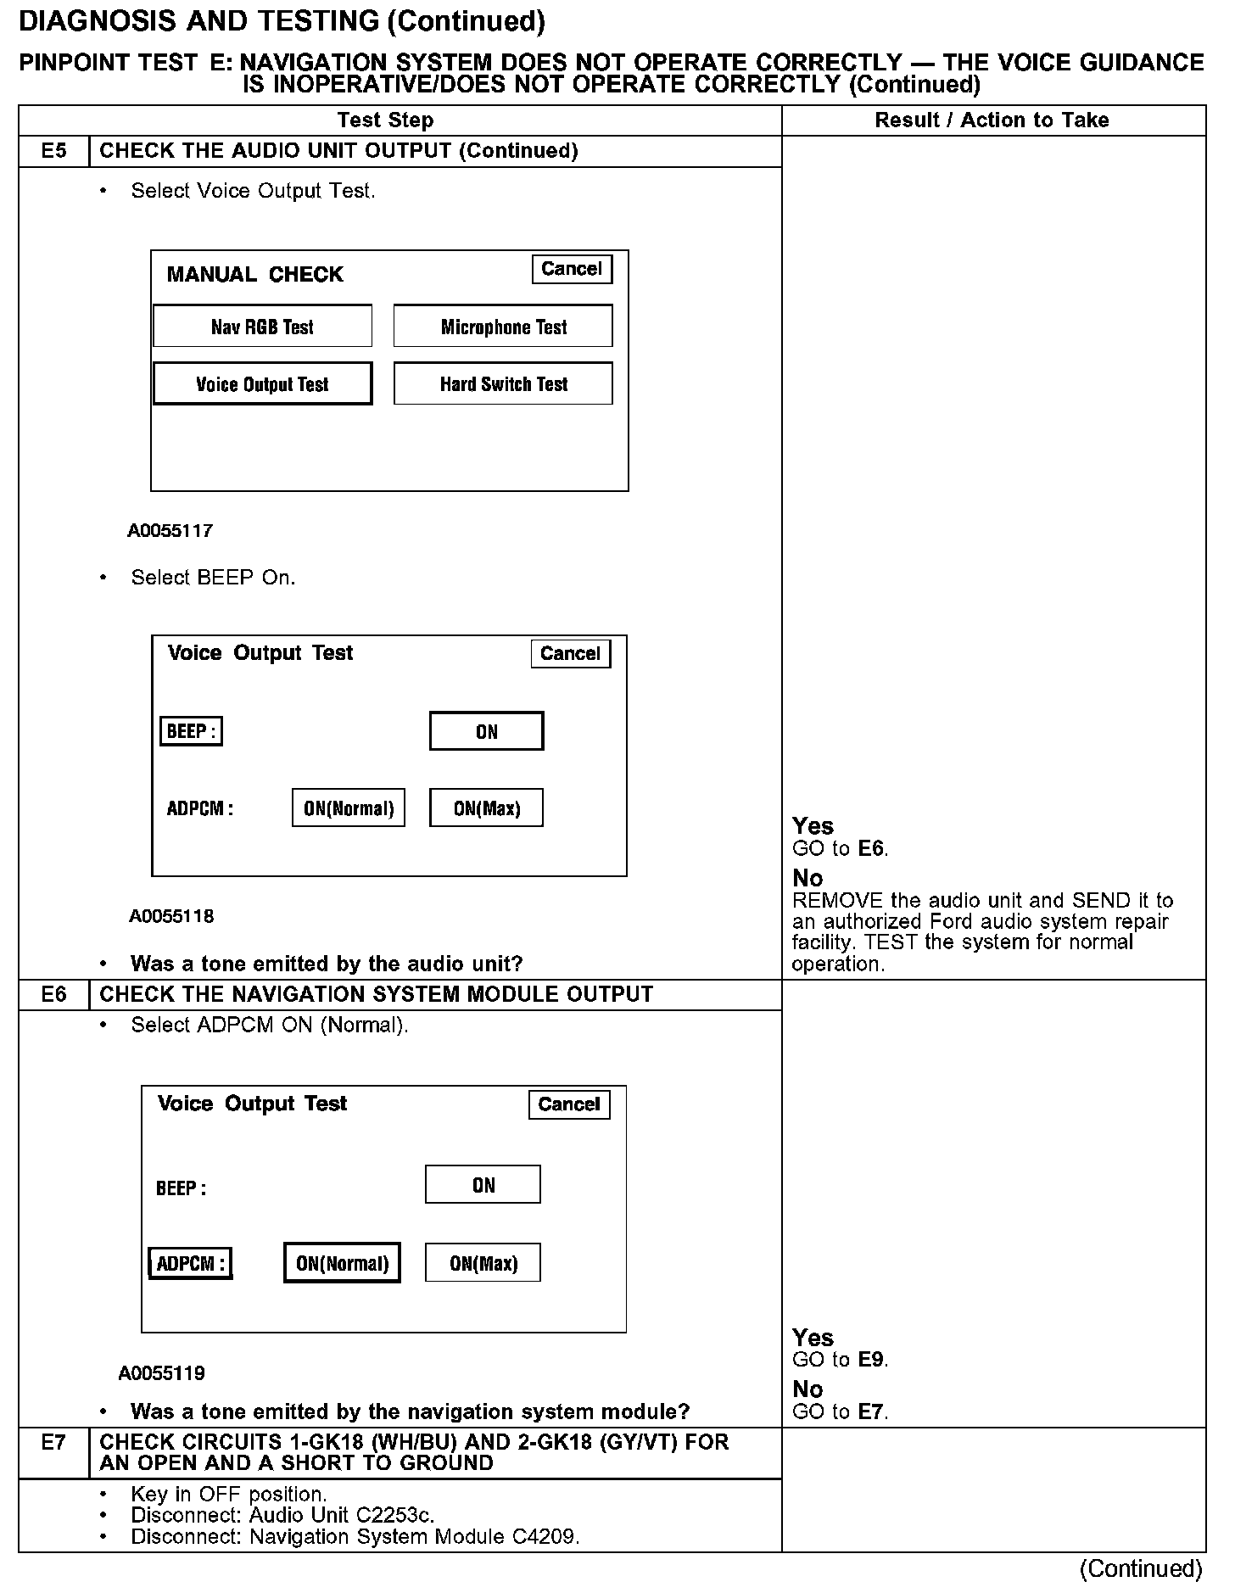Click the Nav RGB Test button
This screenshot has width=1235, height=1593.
tap(262, 327)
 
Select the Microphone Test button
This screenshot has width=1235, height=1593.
tap(503, 327)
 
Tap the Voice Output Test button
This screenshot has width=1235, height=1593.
tap(262, 384)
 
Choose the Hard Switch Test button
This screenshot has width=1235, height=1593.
tap(503, 384)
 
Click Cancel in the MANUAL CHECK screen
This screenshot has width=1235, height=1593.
tap(571, 269)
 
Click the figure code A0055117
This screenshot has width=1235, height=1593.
tap(170, 531)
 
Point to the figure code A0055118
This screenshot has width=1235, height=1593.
tap(171, 916)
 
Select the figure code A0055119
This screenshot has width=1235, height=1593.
tap(162, 1373)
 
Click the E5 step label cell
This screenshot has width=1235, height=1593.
tap(53, 151)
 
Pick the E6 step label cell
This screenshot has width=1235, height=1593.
tap(53, 994)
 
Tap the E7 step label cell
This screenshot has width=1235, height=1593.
tap(53, 1442)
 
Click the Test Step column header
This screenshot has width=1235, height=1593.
tap(385, 120)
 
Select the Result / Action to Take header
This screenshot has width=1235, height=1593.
tap(992, 120)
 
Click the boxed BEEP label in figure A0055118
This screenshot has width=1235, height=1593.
tap(191, 731)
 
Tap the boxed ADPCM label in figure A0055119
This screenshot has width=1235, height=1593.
tap(190, 1264)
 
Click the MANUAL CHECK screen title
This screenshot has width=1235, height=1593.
tap(254, 275)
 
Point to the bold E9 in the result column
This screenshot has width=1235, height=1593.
tap(872, 1360)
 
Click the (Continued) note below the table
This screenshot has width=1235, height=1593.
tap(1140, 1569)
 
